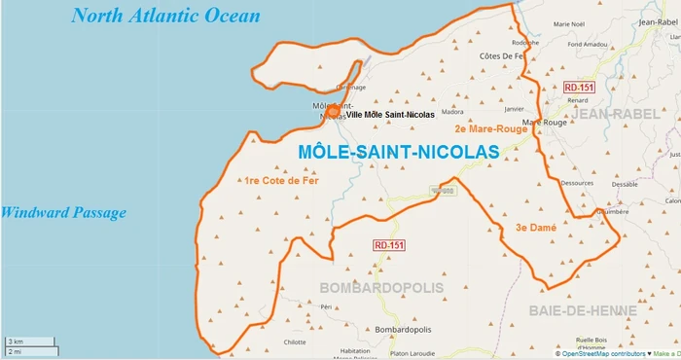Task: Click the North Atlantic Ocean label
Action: [166, 16]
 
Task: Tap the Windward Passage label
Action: [63, 212]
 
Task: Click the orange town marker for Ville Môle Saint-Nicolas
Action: [334, 112]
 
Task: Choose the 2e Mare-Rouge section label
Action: [490, 127]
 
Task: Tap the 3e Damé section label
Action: [535, 227]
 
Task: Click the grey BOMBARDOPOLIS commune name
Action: [380, 288]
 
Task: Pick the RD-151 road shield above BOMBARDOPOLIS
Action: [388, 245]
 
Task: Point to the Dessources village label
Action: [577, 182]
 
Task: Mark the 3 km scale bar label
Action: [16, 342]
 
